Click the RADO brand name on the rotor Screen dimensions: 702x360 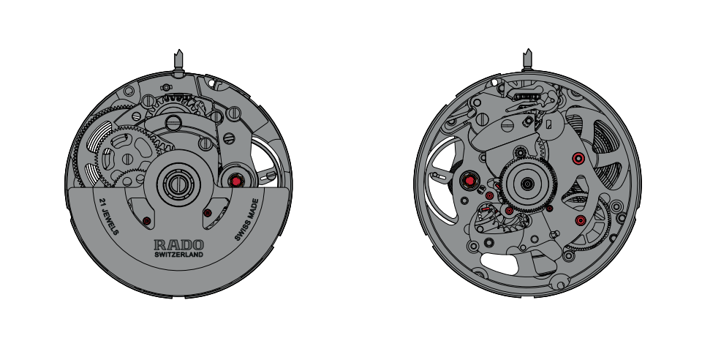[179, 244]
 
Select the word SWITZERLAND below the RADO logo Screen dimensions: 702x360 [179, 255]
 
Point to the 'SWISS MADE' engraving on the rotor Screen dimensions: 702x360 [247, 220]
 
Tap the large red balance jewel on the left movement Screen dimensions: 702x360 [235, 181]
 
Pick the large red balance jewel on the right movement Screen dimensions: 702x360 [470, 181]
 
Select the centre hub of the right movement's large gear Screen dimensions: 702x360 [528, 183]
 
